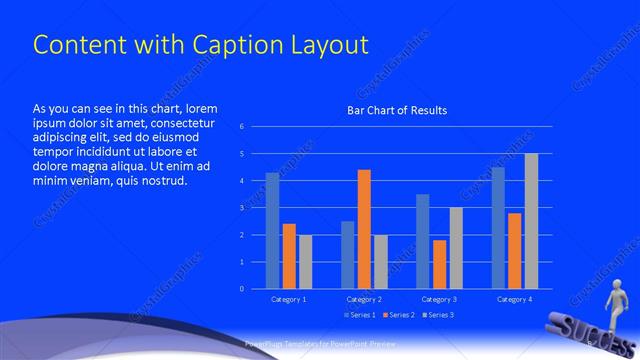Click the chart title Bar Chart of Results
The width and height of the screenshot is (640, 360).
tap(397, 110)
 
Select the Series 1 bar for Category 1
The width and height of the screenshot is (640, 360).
tap(272, 231)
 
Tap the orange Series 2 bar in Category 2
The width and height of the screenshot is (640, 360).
tap(364, 229)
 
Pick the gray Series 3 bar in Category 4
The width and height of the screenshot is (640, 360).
tap(531, 221)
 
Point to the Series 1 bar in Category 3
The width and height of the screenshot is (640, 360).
tap(422, 241)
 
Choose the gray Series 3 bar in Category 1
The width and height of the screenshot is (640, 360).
tap(305, 262)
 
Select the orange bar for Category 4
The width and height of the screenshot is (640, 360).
tap(514, 251)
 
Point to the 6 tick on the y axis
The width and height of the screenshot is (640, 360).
tap(241, 127)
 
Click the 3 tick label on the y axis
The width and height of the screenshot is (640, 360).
tap(241, 208)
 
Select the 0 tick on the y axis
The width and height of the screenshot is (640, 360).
tap(241, 289)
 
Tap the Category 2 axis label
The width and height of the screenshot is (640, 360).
tap(364, 299)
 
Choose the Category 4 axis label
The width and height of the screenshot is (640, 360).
tap(514, 299)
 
